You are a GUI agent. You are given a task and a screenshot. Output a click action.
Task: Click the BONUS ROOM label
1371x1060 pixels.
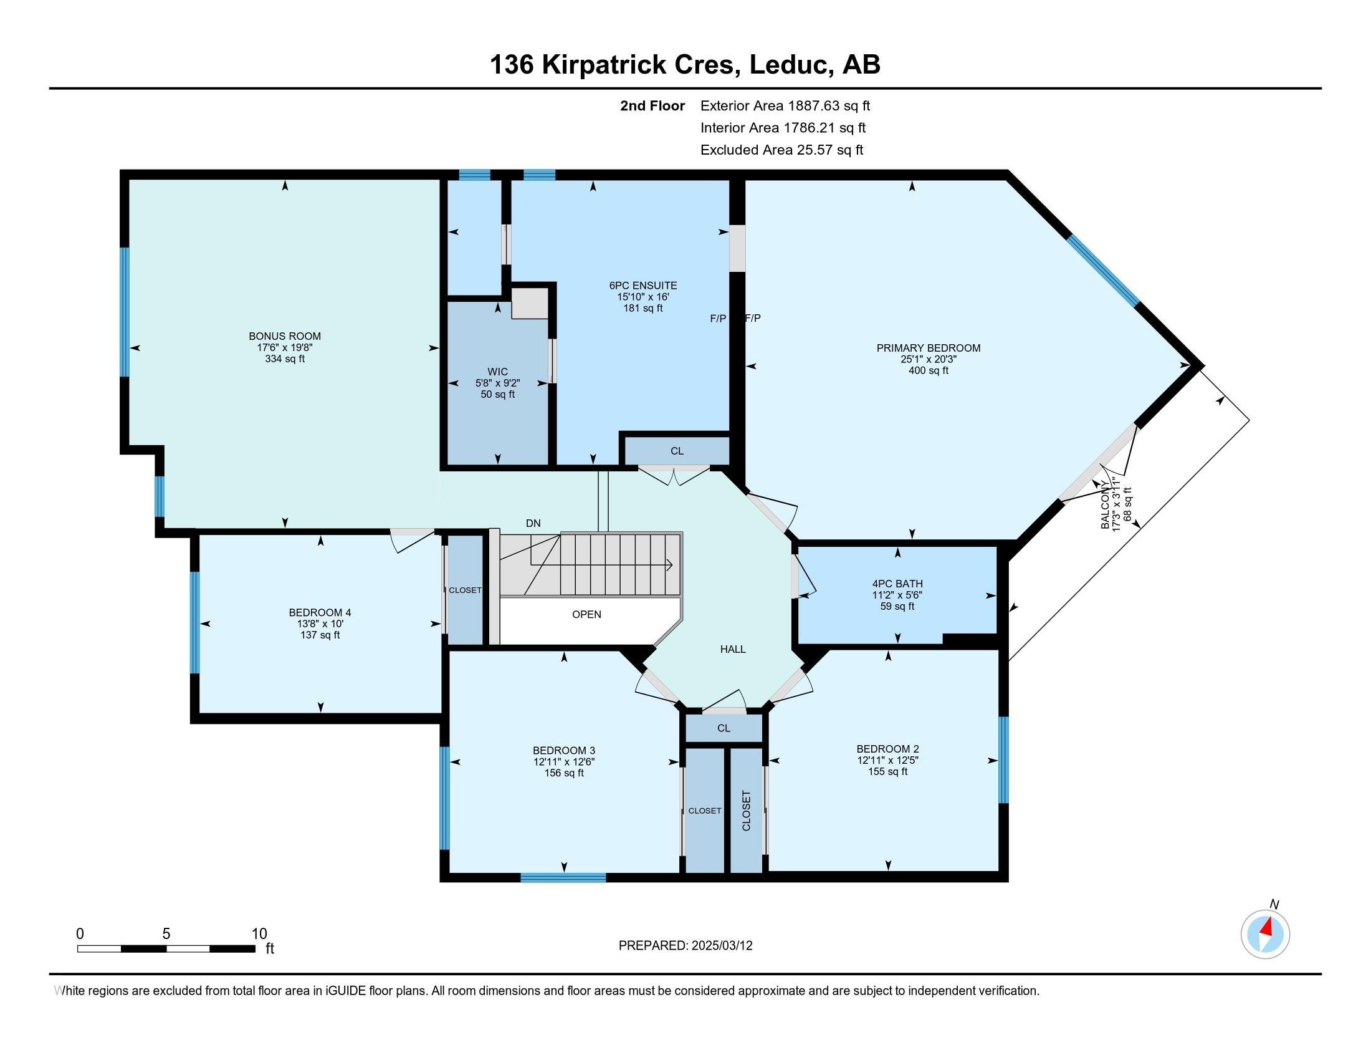coord(284,336)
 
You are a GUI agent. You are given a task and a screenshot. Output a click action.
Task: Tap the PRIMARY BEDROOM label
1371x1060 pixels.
coord(928,348)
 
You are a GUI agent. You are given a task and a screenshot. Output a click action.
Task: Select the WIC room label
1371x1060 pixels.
coord(497,372)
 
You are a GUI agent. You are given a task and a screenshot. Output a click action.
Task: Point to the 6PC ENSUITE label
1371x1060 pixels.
coord(638,286)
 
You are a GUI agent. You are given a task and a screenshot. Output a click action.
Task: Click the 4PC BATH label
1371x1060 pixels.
coord(897,584)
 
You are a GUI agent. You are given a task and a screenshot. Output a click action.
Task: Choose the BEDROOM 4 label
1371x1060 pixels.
coord(320,612)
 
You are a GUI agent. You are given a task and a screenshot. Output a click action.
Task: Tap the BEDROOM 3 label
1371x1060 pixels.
coord(564,750)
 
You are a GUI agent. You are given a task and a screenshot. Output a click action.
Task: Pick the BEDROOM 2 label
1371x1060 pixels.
coord(887,748)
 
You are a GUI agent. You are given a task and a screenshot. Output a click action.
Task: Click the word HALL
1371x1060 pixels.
coord(733,649)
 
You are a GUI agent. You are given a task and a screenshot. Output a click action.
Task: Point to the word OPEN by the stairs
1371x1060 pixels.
coord(586,614)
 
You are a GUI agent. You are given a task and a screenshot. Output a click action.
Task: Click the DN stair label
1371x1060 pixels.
coord(533,523)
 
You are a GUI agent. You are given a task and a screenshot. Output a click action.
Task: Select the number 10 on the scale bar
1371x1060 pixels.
coord(259,933)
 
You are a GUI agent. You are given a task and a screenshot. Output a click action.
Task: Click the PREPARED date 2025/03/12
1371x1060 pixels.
coord(721,945)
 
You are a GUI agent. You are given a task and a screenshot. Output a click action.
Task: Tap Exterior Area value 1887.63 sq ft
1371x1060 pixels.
coord(829,105)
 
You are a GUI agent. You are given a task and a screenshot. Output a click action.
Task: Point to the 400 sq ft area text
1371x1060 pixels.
coord(928,370)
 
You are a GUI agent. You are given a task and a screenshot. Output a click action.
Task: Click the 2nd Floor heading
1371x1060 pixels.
coord(652,105)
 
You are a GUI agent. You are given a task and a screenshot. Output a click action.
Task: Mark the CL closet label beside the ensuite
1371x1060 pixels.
coord(677,451)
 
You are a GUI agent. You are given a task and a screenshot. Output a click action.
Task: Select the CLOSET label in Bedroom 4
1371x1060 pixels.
coord(465,590)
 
